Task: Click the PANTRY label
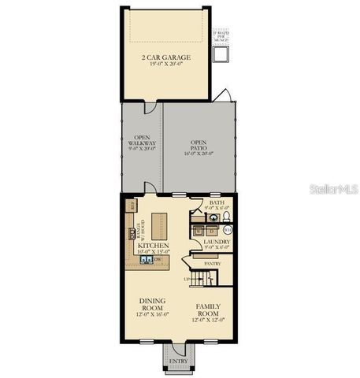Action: point(211,263)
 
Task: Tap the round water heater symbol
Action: point(228,229)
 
